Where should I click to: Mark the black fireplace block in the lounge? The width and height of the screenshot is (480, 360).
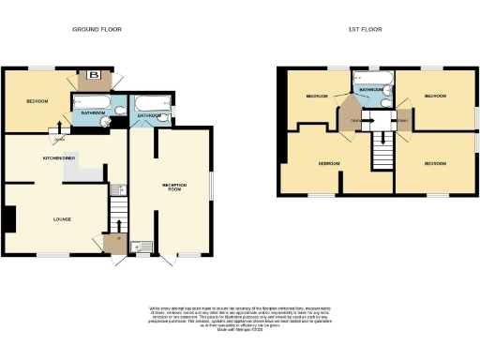8,219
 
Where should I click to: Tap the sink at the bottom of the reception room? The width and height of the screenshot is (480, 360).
142,247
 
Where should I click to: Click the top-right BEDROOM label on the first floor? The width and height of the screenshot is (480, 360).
436,96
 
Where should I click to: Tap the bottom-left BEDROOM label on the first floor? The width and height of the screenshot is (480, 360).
327,164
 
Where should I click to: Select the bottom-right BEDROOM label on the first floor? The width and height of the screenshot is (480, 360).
436,164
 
